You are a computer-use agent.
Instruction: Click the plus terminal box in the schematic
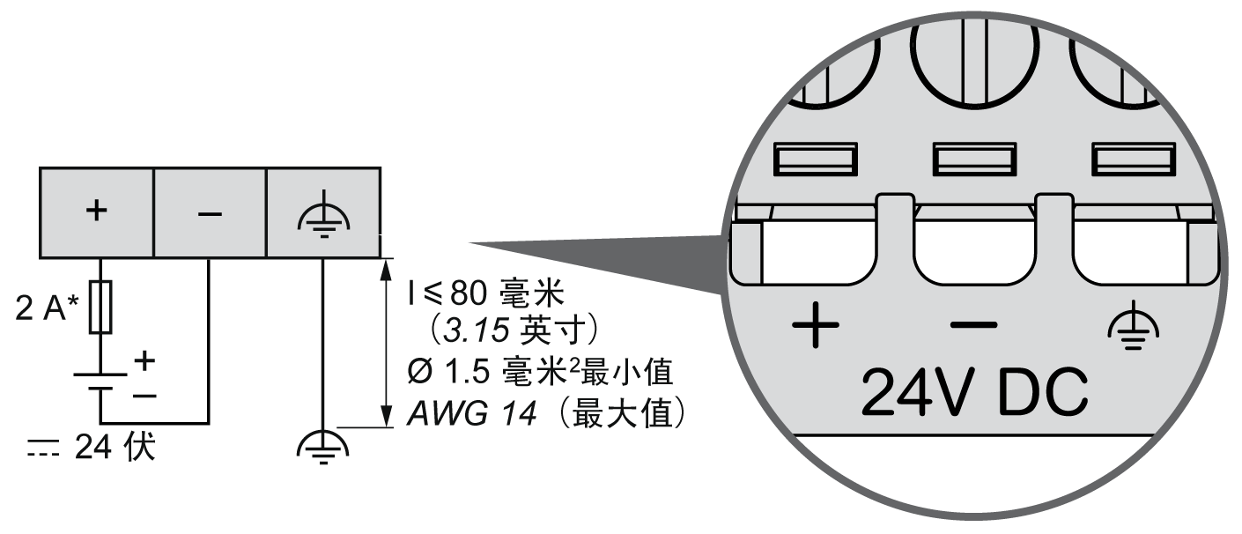(97, 212)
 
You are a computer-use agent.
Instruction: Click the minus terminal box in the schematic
(210, 212)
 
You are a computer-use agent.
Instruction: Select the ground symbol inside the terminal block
(323, 214)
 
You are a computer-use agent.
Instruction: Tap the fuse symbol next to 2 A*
(100, 308)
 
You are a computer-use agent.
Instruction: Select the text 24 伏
(115, 448)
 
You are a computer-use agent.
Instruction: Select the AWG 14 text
(470, 413)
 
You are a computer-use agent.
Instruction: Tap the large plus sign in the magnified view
(815, 329)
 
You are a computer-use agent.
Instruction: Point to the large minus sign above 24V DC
(973, 325)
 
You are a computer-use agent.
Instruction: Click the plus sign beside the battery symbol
(144, 360)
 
